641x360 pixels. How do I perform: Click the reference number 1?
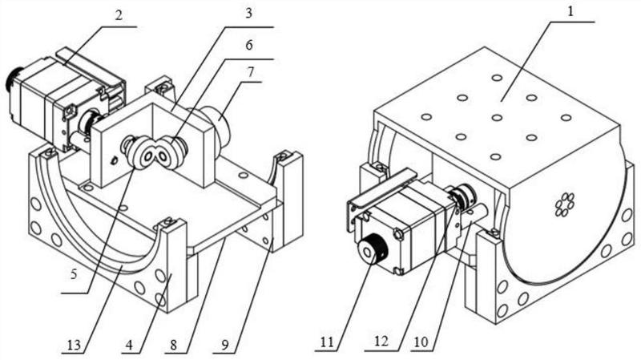click(x=571, y=11)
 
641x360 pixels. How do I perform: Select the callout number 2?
click(x=119, y=15)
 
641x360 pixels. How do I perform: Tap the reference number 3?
click(x=248, y=14)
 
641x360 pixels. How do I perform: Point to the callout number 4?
click(x=129, y=345)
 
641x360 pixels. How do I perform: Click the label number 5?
click(x=74, y=273)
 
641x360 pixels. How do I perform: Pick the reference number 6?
click(x=249, y=45)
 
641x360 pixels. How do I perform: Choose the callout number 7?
click(x=250, y=72)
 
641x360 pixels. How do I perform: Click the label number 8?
click(x=173, y=345)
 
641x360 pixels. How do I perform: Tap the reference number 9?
click(x=224, y=345)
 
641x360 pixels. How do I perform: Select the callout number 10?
click(x=421, y=342)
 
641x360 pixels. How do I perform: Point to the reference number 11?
click(x=327, y=342)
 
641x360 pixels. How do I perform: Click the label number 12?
click(x=381, y=342)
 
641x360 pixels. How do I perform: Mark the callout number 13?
click(x=74, y=346)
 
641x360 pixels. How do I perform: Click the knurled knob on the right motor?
click(x=371, y=249)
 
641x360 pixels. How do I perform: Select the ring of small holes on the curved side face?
click(x=565, y=204)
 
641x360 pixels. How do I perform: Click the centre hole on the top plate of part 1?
click(x=497, y=118)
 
